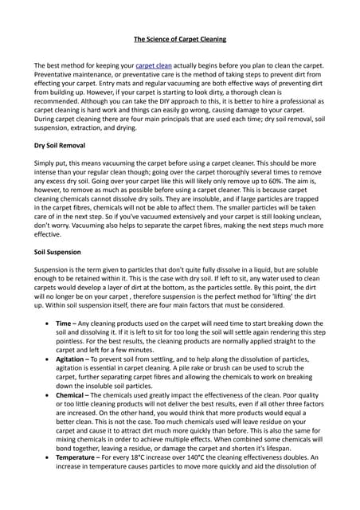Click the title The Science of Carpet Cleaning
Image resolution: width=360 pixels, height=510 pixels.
pos(179,37)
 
